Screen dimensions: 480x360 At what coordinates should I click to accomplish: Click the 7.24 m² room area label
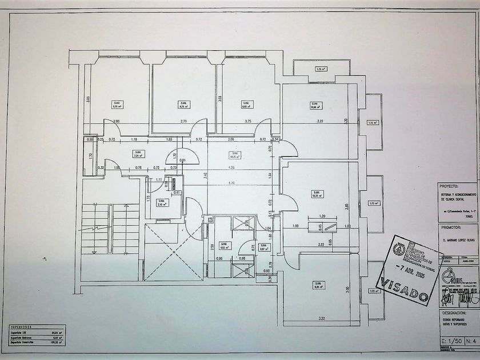coord(137,154)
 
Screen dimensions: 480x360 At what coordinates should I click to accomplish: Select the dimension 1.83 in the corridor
coord(169,139)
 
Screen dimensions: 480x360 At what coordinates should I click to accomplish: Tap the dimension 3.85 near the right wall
coord(346,206)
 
